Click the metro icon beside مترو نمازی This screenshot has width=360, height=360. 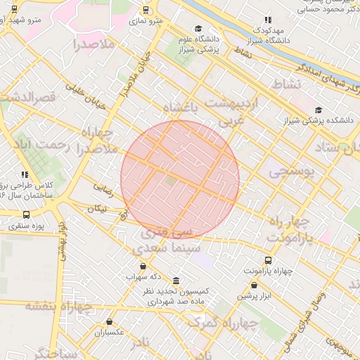click(x=145, y=10)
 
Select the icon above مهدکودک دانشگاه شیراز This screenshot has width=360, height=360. click(x=266, y=20)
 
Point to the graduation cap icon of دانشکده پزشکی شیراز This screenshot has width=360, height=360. click(x=319, y=110)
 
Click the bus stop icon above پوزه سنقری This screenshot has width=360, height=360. click(x=26, y=215)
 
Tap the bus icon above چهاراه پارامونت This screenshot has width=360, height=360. click(x=268, y=259)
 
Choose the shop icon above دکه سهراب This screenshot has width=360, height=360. click(x=144, y=266)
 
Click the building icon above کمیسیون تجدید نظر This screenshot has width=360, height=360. click(x=175, y=280)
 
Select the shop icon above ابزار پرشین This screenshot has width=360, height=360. click(x=255, y=285)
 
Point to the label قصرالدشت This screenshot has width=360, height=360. click(x=29, y=98)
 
